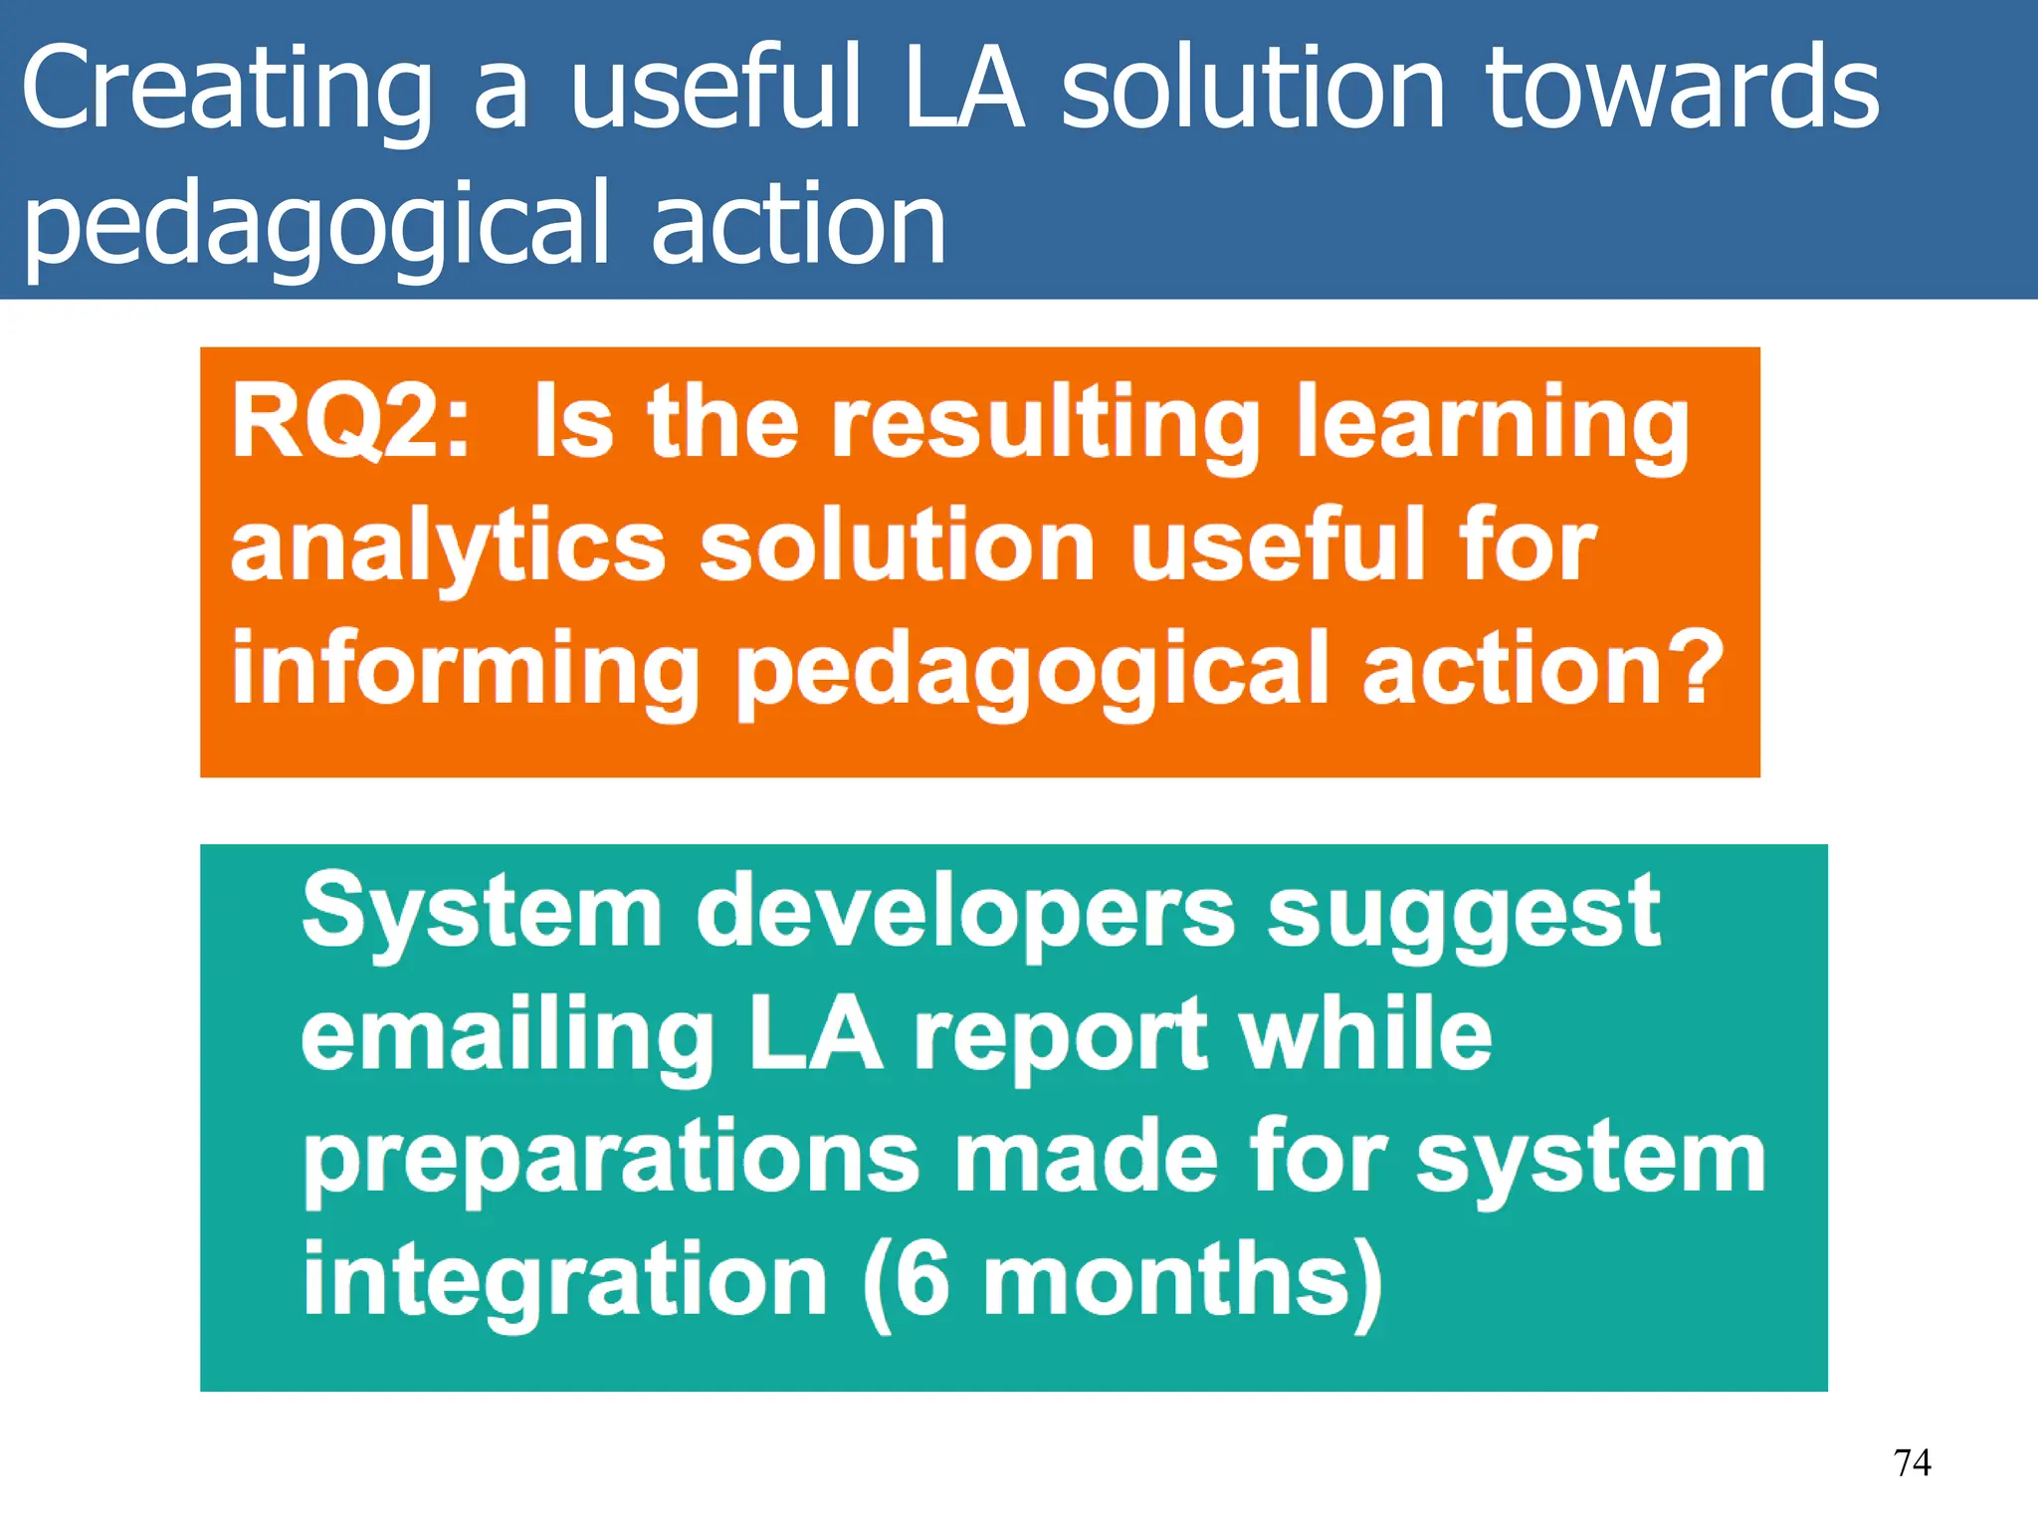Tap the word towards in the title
point(1682,90)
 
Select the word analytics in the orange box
point(448,547)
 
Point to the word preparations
point(611,1160)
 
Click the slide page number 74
point(1912,1462)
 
